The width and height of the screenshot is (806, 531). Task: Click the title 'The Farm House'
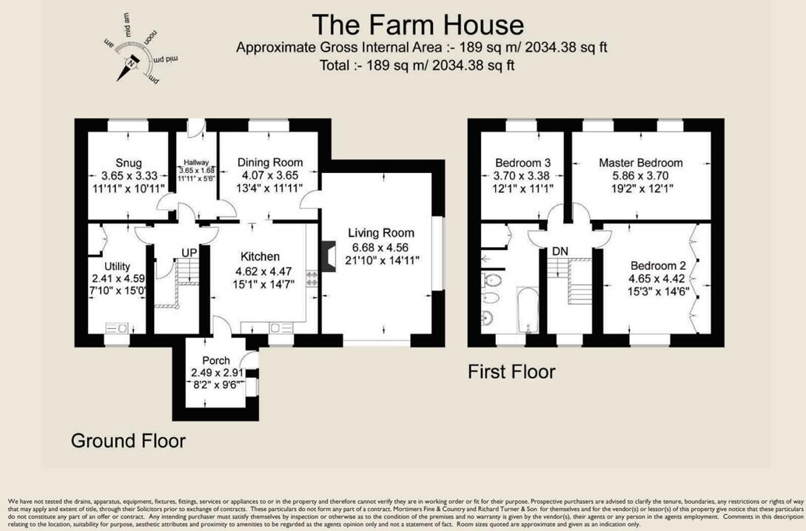[x=417, y=24]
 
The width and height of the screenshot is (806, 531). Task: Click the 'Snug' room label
[x=128, y=163]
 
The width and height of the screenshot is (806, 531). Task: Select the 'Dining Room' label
[x=269, y=163]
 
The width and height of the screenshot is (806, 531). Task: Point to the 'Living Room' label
[x=381, y=233]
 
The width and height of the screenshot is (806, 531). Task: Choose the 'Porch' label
[x=210, y=360]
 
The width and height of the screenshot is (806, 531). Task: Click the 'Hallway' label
[x=197, y=163]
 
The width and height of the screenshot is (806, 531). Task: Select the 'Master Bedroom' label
[x=641, y=163]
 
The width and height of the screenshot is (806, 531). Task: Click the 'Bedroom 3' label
[x=523, y=163]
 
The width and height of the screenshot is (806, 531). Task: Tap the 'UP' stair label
[x=189, y=253]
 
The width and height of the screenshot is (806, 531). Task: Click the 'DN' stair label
[x=560, y=251]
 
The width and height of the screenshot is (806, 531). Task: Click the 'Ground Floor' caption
[x=128, y=441]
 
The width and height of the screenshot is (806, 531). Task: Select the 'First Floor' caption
[x=511, y=371]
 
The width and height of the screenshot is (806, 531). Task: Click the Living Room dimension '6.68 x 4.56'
[x=381, y=247]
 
